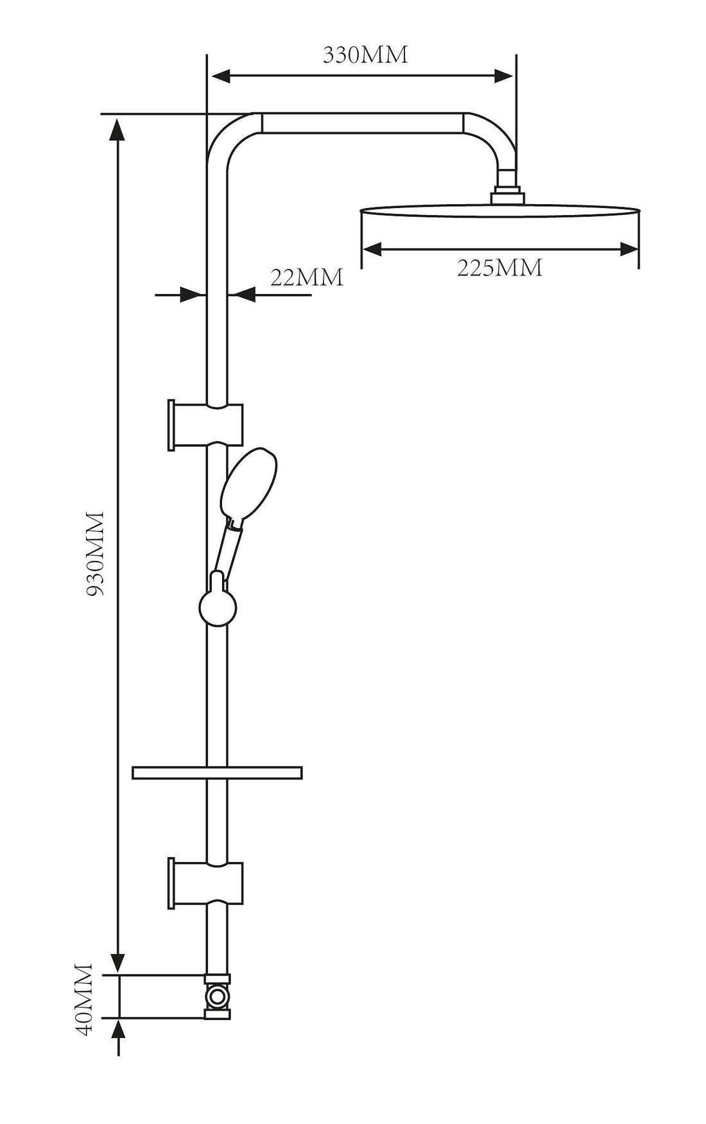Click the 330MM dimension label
(365, 55)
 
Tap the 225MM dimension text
(499, 268)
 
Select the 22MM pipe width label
(306, 277)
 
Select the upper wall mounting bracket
(205, 425)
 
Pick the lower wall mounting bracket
(205, 883)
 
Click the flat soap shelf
(217, 772)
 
